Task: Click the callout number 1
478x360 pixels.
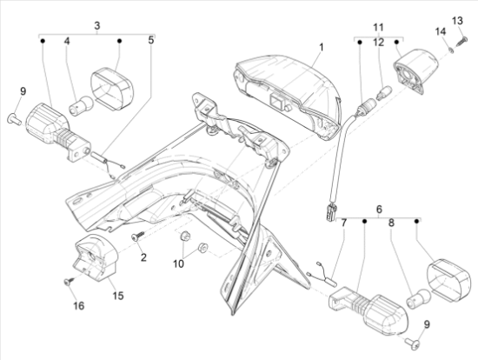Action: tap(321, 47)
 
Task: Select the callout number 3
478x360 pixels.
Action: tap(97, 25)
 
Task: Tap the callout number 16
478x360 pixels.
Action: tap(78, 306)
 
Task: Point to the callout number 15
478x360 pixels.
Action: tap(118, 296)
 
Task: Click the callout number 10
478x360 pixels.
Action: tap(178, 263)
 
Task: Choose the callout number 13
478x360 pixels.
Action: tap(457, 21)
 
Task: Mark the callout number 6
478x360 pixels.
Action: tap(379, 210)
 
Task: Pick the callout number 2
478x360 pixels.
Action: tap(143, 257)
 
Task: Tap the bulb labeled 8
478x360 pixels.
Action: tap(419, 298)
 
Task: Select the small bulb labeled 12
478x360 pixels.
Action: tap(382, 93)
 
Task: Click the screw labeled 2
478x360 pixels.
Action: tap(138, 237)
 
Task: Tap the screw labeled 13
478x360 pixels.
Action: tap(462, 42)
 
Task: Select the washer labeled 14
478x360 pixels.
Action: tap(451, 50)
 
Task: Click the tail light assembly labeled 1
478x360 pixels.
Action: tap(288, 97)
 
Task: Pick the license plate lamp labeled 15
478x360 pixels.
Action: tap(96, 257)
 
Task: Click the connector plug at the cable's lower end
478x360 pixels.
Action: tap(331, 211)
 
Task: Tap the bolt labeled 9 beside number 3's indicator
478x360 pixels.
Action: tap(14, 119)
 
